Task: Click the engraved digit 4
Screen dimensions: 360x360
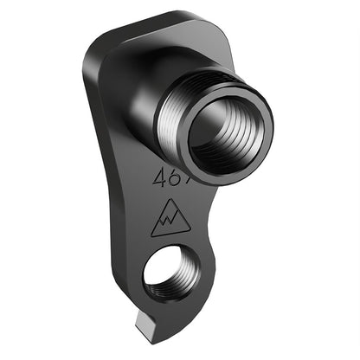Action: point(160,178)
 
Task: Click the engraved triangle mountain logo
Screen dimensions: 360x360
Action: point(170,220)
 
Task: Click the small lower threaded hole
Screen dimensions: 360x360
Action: point(171,276)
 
